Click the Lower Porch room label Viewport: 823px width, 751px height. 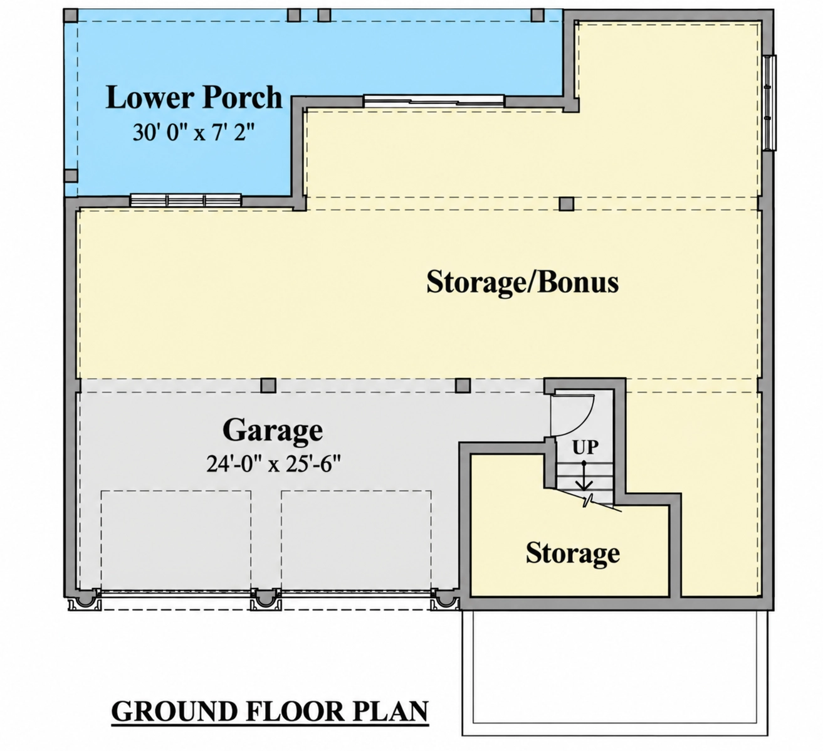[194, 98]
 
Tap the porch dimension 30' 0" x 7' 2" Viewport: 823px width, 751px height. [194, 132]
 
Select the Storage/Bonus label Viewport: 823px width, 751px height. [522, 282]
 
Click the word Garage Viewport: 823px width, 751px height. [273, 429]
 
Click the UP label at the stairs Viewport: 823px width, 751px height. [585, 448]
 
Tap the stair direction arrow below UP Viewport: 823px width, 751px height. [584, 476]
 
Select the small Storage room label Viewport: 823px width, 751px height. [572, 553]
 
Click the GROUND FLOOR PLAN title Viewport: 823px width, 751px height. [270, 711]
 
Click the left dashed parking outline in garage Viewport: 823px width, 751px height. [176, 541]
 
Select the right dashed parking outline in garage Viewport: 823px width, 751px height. [356, 541]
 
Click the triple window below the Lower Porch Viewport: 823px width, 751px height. [186, 200]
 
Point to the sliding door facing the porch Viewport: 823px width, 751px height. [434, 101]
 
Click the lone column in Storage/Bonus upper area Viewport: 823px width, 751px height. [567, 204]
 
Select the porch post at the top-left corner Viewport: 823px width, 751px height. [71, 15]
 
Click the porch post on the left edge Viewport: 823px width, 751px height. [71, 176]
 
